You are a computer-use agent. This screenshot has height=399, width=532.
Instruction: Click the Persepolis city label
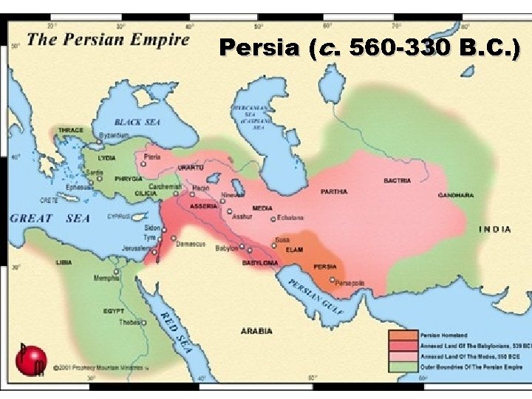[x=350, y=283]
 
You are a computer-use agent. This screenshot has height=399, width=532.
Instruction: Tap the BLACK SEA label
[x=137, y=122]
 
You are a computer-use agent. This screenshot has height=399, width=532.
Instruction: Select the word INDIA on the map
[x=494, y=229]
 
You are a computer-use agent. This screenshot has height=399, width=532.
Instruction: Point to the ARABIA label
[x=256, y=331]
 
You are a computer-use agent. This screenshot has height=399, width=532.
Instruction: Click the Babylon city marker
[x=242, y=249]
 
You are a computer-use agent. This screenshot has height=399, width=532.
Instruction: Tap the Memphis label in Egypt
[x=106, y=279]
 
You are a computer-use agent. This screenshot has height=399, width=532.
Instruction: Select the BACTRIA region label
[x=398, y=180]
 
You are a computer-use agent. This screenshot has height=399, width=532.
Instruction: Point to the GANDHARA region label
[x=455, y=195]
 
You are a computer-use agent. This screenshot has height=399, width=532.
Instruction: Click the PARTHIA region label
[x=334, y=192]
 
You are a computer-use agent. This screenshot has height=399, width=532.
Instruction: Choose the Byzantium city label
[x=115, y=136]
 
